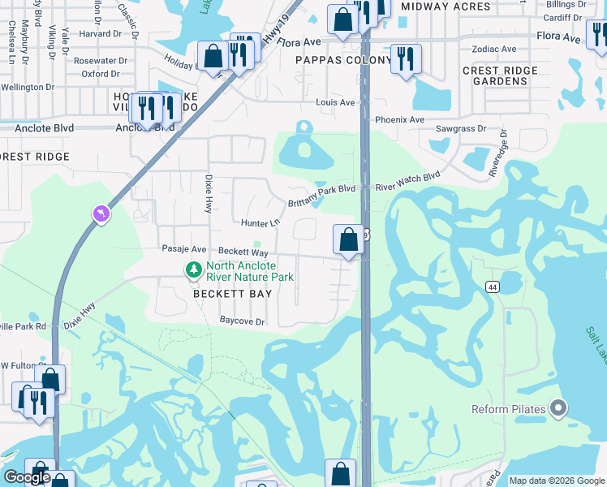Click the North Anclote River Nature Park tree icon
pos(193,269)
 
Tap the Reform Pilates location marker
pos(557,408)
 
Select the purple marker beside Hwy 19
pos(101,214)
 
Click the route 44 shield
pos(493,287)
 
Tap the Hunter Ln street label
pos(260,222)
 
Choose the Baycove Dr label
pos(243,321)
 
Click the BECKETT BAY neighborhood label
pos(230,294)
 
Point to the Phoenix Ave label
pos(399,119)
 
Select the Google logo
pos(28,477)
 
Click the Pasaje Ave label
pos(184,249)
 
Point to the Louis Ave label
pos(335,103)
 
